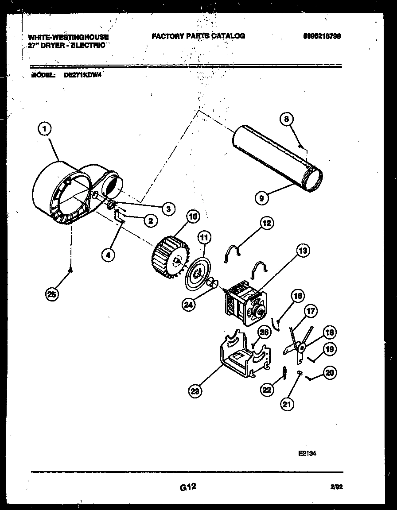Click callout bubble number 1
(x=44, y=129)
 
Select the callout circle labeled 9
(x=262, y=199)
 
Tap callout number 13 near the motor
(x=303, y=251)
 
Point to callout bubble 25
(x=53, y=295)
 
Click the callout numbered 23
(x=194, y=390)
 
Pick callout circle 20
(x=330, y=373)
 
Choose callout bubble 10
(x=193, y=216)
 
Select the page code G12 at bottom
(x=188, y=487)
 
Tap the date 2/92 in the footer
(x=337, y=487)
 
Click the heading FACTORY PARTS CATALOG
(x=198, y=36)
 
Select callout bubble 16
(x=298, y=296)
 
